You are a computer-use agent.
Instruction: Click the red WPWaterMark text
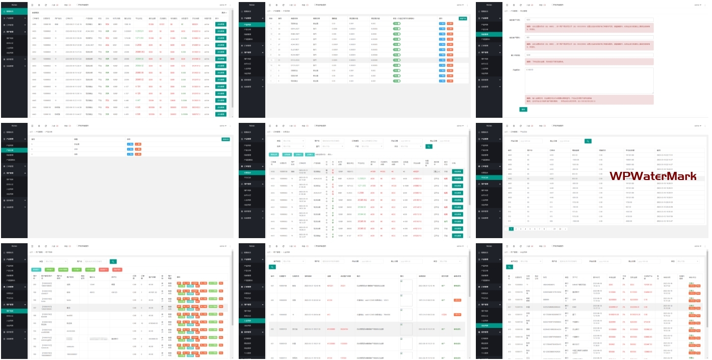(653, 176)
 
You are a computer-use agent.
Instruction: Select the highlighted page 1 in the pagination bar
(512, 229)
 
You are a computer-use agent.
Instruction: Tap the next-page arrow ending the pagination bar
(565, 229)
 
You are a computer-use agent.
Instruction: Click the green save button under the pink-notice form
(523, 109)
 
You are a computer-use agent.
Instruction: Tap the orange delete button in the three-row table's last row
(138, 153)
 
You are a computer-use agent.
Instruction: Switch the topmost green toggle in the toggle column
(396, 24)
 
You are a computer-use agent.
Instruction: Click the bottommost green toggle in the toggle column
(396, 81)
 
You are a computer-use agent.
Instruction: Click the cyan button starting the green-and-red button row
(36, 269)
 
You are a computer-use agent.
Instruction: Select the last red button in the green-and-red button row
(117, 269)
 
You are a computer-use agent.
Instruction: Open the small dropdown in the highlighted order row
(436, 172)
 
